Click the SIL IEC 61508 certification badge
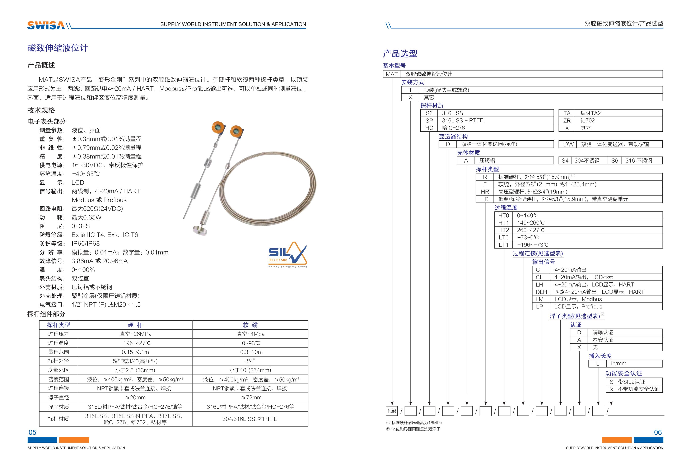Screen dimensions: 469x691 coord(287,255)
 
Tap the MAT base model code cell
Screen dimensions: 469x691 coord(392,74)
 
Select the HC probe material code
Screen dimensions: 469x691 coord(429,128)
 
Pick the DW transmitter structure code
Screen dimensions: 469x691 coord(568,144)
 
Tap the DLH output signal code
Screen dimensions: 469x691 coord(541,292)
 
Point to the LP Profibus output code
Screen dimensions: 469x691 coord(539,307)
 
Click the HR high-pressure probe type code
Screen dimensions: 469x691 coord(485,191)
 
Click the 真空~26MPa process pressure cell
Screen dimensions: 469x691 coord(135,334)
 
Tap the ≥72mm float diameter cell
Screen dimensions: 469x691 coord(251,397)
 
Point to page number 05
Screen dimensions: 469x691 coord(32,432)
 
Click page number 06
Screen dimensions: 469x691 coord(658,432)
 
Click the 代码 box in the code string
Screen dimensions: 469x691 coord(392,411)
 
